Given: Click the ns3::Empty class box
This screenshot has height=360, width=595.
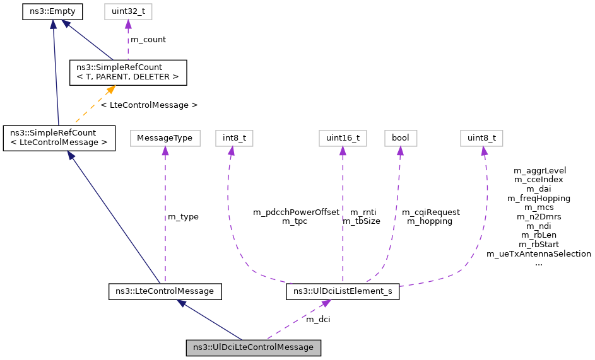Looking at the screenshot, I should coord(53,11).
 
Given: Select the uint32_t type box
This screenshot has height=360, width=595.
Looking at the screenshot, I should coord(128,11).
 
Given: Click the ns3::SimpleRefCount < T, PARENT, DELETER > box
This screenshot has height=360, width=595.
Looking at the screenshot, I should coord(127,72).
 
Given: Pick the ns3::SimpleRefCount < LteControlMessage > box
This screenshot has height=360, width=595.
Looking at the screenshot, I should coord(59,137).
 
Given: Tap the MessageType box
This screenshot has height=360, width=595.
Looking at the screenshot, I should coord(165,137).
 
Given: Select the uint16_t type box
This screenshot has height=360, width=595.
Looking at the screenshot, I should coord(343,137).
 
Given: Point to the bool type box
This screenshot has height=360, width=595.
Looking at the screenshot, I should coord(401,137).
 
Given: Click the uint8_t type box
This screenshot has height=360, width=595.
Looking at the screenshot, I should coord(482,137).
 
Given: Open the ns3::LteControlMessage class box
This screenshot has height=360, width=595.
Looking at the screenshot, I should coord(165,291).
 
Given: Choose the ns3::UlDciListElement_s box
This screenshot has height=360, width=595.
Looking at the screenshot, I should coord(343,291).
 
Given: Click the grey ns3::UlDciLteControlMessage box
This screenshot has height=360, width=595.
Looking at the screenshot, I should coord(253,347).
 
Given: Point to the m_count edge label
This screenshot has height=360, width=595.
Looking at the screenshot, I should coord(148,39).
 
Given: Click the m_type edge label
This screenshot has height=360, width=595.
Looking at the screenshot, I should coord(183,217).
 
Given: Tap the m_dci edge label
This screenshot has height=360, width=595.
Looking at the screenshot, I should coord(318,320).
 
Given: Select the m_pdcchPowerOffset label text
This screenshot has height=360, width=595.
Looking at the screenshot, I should coord(296,212).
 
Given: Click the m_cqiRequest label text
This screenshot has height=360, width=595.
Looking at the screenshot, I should coord(431,212).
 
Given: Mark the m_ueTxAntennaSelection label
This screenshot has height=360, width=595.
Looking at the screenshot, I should coord(539,254).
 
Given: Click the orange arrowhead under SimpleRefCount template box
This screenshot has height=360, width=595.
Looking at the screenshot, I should coord(111,90).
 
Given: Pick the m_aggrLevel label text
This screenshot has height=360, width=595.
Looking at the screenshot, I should coord(539,170).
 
